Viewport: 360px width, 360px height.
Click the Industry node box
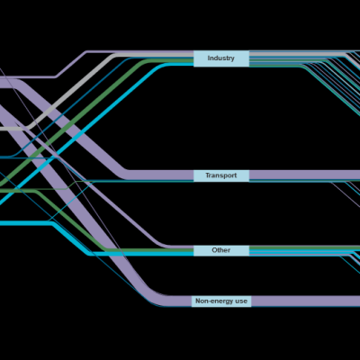[x=221, y=58]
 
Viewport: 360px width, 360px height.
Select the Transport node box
[x=221, y=175]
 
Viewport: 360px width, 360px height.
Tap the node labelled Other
[x=221, y=250]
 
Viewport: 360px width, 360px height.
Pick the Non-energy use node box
[x=221, y=301]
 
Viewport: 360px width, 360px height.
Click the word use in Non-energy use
[x=241, y=301]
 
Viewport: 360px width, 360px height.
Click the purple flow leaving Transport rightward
[x=304, y=175]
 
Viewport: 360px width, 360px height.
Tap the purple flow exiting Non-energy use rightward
[x=306, y=301]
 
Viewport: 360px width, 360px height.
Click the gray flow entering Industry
[x=72, y=90]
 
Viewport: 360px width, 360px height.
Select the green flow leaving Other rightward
[x=304, y=247]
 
